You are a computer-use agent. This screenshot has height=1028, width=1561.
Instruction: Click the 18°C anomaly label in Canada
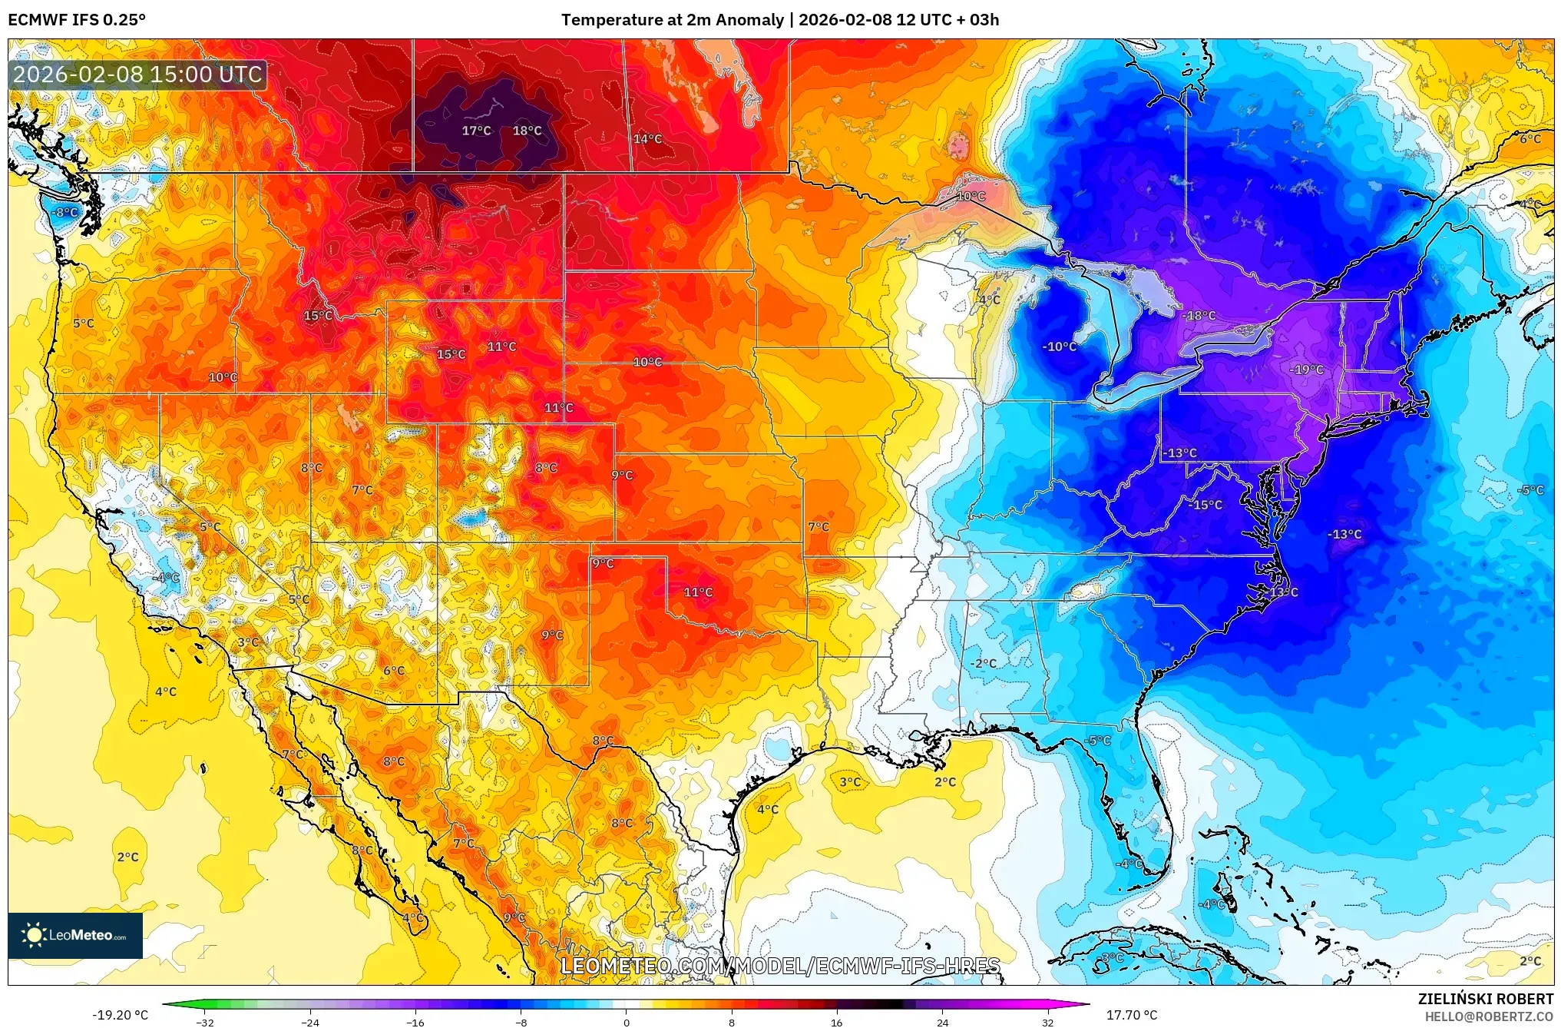(527, 131)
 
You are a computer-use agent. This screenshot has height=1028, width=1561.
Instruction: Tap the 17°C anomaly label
(476, 131)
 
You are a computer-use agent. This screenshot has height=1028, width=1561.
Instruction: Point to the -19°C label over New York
(1306, 370)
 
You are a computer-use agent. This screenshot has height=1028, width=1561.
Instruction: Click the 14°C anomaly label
(647, 139)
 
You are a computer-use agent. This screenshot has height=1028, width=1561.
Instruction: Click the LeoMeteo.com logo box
(75, 935)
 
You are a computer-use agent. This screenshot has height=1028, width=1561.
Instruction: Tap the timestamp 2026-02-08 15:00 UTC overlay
(138, 75)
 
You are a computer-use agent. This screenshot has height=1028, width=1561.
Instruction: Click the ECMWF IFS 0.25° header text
(77, 20)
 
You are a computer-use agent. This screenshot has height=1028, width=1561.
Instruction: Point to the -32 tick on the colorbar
(205, 1022)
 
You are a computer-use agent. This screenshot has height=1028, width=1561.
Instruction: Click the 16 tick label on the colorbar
(836, 1022)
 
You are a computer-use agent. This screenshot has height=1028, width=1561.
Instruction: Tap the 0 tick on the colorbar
(626, 1022)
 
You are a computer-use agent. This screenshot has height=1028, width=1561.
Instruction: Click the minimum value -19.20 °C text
(121, 1015)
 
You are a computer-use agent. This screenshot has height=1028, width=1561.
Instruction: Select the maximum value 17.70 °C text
(1131, 1015)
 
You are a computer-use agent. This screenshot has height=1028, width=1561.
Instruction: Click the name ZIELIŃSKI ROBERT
(1485, 999)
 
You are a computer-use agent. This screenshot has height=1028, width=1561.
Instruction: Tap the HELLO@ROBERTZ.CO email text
(1489, 1016)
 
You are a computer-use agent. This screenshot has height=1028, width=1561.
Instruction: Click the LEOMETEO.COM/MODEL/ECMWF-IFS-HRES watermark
(779, 966)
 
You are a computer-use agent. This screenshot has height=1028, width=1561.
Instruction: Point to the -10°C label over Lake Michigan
(1059, 347)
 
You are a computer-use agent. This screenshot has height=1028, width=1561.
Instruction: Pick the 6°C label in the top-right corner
(1530, 139)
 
